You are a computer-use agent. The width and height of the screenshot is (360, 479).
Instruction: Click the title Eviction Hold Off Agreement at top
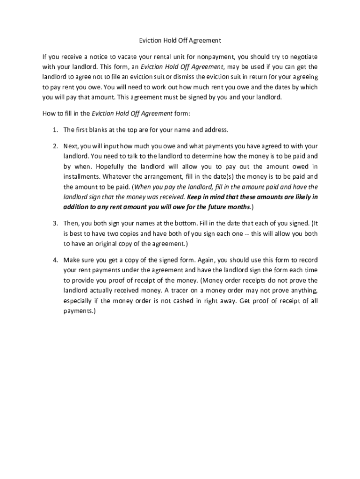tap(180, 41)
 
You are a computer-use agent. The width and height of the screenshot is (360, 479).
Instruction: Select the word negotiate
tap(301, 57)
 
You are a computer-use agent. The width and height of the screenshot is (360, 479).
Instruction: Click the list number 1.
tap(55, 129)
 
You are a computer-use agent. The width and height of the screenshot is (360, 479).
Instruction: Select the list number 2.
tap(55, 146)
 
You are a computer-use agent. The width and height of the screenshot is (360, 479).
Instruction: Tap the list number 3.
tap(55, 223)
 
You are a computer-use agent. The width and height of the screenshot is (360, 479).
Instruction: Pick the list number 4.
tap(55, 260)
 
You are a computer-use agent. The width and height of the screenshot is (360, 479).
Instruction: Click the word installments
tap(81, 177)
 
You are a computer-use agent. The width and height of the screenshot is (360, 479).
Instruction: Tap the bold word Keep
tap(195, 197)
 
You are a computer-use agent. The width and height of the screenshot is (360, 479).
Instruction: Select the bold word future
tap(207, 207)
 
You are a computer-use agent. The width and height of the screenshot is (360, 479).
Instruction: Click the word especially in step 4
tap(79, 301)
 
